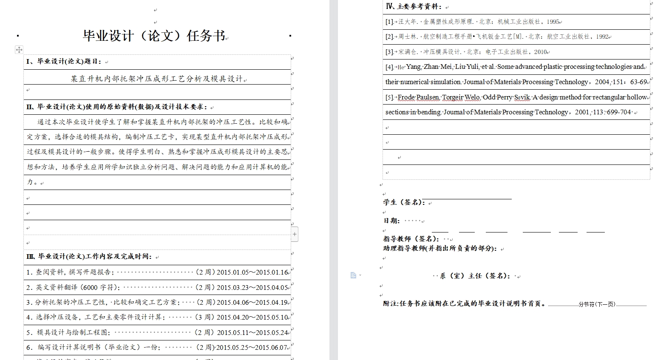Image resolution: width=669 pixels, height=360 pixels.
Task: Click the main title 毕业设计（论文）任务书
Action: pyautogui.click(x=154, y=36)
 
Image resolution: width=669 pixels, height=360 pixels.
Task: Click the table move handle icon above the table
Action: pyautogui.click(x=19, y=50)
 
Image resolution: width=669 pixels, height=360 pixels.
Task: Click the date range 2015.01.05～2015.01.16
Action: pyautogui.click(x=252, y=272)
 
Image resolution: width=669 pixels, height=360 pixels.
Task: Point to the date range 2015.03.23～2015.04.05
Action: pyautogui.click(x=252, y=288)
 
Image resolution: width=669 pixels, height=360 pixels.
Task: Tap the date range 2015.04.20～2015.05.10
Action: pyautogui.click(x=252, y=317)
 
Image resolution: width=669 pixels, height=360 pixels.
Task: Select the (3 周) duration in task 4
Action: pyautogui.click(x=205, y=317)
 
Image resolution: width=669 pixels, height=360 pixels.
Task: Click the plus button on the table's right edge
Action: pyautogui.click(x=295, y=234)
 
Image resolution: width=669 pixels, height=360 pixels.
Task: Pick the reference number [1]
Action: pyautogui.click(x=389, y=22)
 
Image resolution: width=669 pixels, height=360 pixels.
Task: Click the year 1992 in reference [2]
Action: pyautogui.click(x=602, y=37)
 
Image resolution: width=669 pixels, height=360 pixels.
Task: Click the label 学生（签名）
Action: pyautogui.click(x=404, y=202)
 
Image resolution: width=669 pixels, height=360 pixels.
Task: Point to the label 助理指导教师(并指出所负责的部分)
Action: pyautogui.click(x=440, y=248)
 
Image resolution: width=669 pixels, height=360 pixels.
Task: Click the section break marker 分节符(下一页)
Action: pyautogui.click(x=597, y=304)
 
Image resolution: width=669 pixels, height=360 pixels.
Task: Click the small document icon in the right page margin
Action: pyautogui.click(x=353, y=275)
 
